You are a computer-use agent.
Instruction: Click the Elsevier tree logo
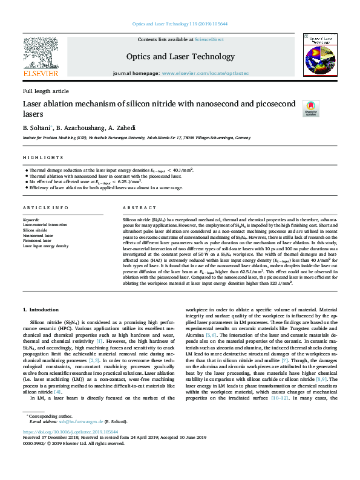(41, 54)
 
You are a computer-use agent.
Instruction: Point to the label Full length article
(46, 91)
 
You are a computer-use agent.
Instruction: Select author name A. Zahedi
(123, 128)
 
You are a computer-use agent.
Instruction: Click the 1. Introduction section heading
(41, 310)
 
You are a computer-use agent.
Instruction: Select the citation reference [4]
(74, 392)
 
